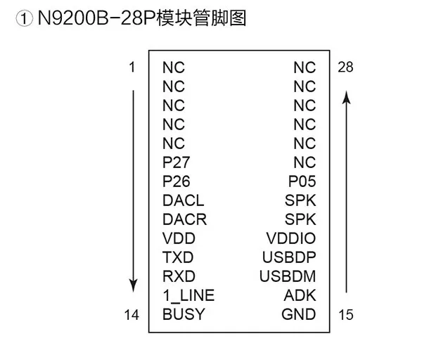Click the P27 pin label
(x=176, y=162)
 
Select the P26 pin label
(x=176, y=181)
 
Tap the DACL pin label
(x=183, y=200)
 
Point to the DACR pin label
(x=184, y=219)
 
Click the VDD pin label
(x=179, y=238)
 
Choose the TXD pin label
(x=177, y=257)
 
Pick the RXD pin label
(x=179, y=276)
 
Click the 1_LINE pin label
(x=188, y=295)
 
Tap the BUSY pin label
(x=184, y=314)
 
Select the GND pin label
(x=299, y=314)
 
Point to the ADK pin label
(x=300, y=295)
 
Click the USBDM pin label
(x=288, y=276)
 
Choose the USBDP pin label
(x=289, y=257)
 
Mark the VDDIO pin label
(x=291, y=238)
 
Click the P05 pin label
(x=302, y=181)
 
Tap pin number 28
(x=345, y=67)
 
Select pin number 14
(x=132, y=315)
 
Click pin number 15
(x=345, y=315)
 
